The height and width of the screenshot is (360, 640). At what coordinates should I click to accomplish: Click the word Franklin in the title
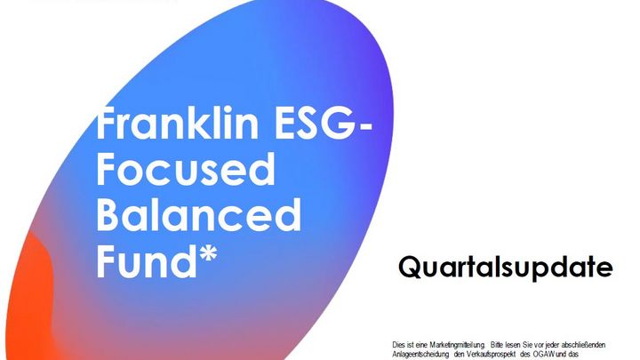point(178,123)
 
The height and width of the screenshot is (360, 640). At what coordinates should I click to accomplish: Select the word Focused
point(186,169)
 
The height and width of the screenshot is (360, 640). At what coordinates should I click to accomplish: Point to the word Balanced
point(199,215)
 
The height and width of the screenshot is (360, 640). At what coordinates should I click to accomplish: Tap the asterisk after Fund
point(209,253)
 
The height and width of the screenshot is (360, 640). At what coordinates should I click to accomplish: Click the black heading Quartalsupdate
point(505,268)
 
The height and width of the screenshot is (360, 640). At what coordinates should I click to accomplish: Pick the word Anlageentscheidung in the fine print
point(420,355)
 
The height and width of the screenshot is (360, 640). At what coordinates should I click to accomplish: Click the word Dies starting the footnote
point(398,345)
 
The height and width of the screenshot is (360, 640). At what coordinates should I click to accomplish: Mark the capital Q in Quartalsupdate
point(410,268)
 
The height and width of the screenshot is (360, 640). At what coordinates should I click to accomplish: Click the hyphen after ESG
point(366,127)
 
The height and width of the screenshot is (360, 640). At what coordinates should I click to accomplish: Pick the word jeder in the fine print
point(557,345)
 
